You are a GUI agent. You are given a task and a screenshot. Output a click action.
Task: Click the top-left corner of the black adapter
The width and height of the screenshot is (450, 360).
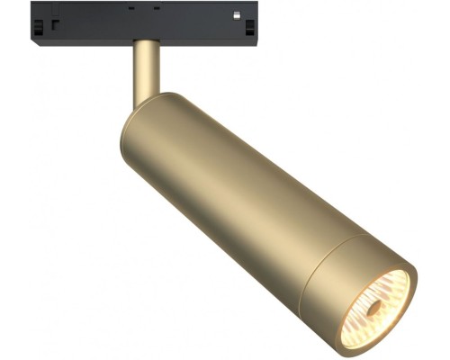point(33,4)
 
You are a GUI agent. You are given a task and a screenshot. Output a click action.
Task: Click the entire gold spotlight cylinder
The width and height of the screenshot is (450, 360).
point(261,207)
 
